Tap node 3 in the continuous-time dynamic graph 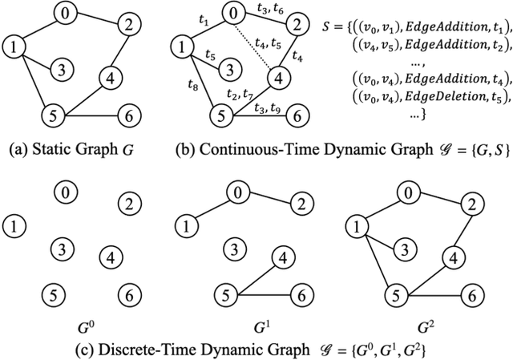tap(229, 68)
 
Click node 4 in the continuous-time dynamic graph tap(278, 79)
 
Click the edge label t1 tap(204, 24)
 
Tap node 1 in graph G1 tap(185, 227)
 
